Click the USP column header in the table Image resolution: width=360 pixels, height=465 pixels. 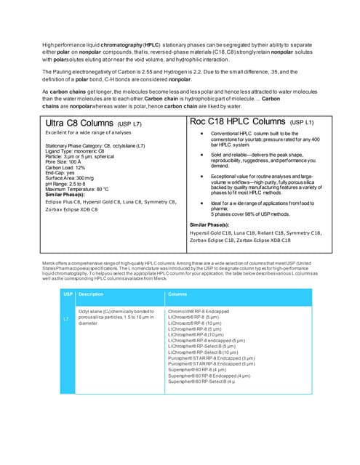coord(68,294)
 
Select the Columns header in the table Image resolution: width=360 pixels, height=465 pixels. coord(178,294)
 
